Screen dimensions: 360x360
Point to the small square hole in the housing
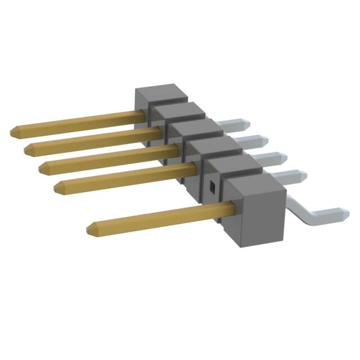click(x=213, y=186)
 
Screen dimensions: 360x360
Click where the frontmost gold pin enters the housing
click(x=232, y=209)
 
